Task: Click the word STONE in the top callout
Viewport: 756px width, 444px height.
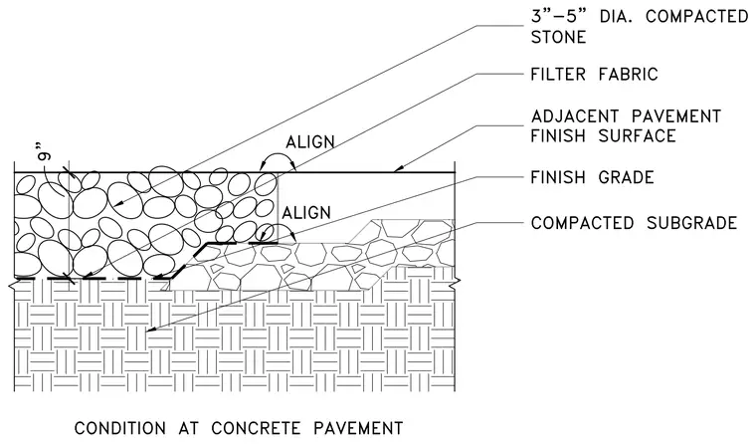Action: pyautogui.click(x=558, y=37)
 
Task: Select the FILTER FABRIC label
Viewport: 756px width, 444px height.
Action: pyautogui.click(x=594, y=75)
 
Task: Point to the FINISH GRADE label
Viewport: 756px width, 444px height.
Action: pyautogui.click(x=592, y=177)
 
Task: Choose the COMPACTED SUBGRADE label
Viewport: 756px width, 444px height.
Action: pyautogui.click(x=634, y=223)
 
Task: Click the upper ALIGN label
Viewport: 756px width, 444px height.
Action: pyautogui.click(x=310, y=142)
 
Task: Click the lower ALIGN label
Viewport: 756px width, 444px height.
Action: pyautogui.click(x=306, y=212)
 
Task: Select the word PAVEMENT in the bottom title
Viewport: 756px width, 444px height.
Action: pyautogui.click(x=358, y=428)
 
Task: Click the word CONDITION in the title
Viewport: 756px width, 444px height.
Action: pyautogui.click(x=120, y=428)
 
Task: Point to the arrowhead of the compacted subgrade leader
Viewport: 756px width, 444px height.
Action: pyautogui.click(x=150, y=331)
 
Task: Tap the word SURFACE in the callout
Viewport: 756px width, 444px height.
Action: pyautogui.click(x=637, y=136)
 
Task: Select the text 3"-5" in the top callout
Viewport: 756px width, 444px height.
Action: pyautogui.click(x=558, y=16)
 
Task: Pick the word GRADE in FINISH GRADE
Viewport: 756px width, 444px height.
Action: pyautogui.click(x=626, y=177)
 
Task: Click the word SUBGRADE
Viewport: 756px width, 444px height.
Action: pyautogui.click(x=692, y=223)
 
